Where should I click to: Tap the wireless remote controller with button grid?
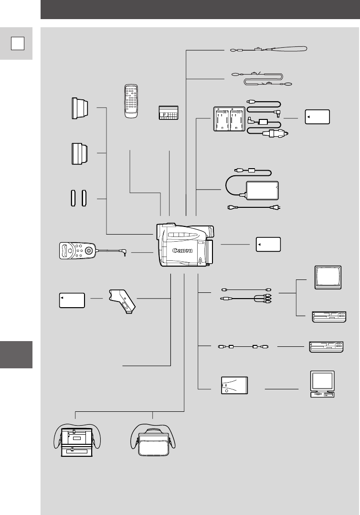[131, 100]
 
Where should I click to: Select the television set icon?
[328, 277]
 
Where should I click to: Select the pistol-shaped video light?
[122, 300]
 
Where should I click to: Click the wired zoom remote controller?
[77, 251]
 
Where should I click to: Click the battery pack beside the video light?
[72, 300]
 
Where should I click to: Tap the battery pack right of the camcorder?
[268, 244]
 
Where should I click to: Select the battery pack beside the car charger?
[317, 117]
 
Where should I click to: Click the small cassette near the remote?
[169, 113]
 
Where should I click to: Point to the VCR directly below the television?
[328, 316]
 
